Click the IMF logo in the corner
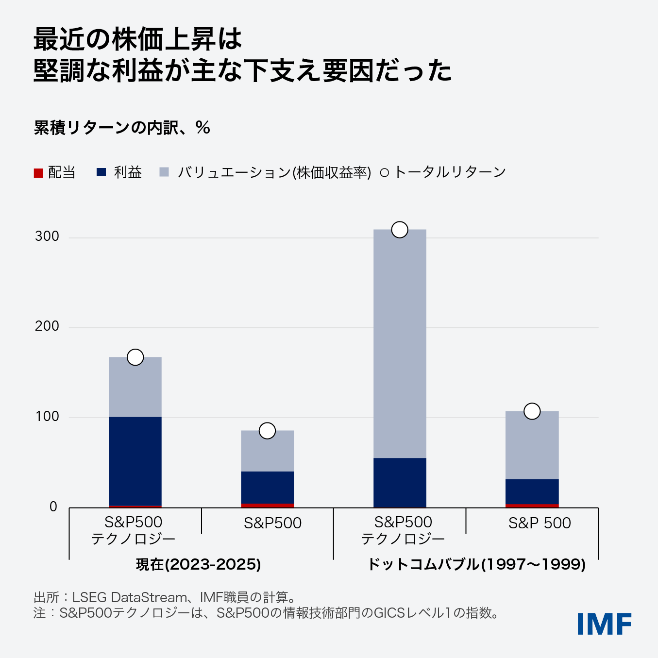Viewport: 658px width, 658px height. [x=604, y=624]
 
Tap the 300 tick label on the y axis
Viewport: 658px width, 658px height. [x=47, y=236]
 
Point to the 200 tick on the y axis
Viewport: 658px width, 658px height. [x=47, y=326]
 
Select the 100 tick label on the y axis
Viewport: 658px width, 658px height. [x=47, y=417]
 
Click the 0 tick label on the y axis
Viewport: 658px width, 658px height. [x=53, y=507]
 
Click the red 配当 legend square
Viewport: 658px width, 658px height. [x=38, y=173]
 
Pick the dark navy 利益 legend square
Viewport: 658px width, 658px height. [x=101, y=172]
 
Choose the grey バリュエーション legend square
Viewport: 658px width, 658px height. [x=164, y=172]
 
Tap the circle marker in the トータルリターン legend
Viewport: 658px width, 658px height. [x=384, y=173]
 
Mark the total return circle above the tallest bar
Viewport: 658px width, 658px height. [x=400, y=230]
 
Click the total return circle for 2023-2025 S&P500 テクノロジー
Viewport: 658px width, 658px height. [x=135, y=357]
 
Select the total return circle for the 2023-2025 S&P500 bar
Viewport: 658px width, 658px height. [x=267, y=431]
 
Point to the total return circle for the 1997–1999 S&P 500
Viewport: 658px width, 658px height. [x=532, y=411]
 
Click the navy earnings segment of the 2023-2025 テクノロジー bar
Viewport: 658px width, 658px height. [x=135, y=461]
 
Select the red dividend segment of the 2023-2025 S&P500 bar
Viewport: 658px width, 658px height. [x=267, y=506]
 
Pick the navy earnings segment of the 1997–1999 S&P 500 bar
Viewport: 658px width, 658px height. [x=532, y=491]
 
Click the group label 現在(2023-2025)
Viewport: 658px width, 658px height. [x=198, y=564]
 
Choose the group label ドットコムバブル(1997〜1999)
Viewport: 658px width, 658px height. [x=476, y=564]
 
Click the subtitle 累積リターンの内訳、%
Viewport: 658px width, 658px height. [x=122, y=128]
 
